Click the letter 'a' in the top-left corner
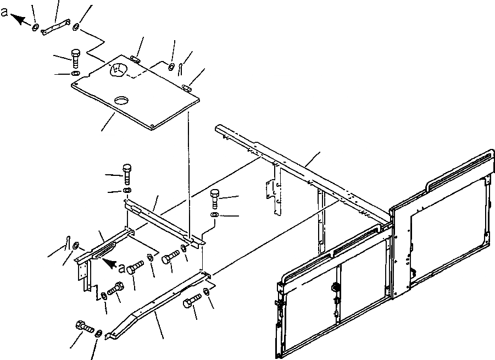tap(5, 14)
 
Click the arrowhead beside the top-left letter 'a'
tap(20, 20)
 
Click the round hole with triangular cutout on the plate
tap(119, 70)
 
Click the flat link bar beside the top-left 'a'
tap(54, 27)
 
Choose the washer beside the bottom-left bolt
tap(98, 334)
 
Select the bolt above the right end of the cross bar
tap(215, 196)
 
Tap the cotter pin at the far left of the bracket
tap(68, 241)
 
